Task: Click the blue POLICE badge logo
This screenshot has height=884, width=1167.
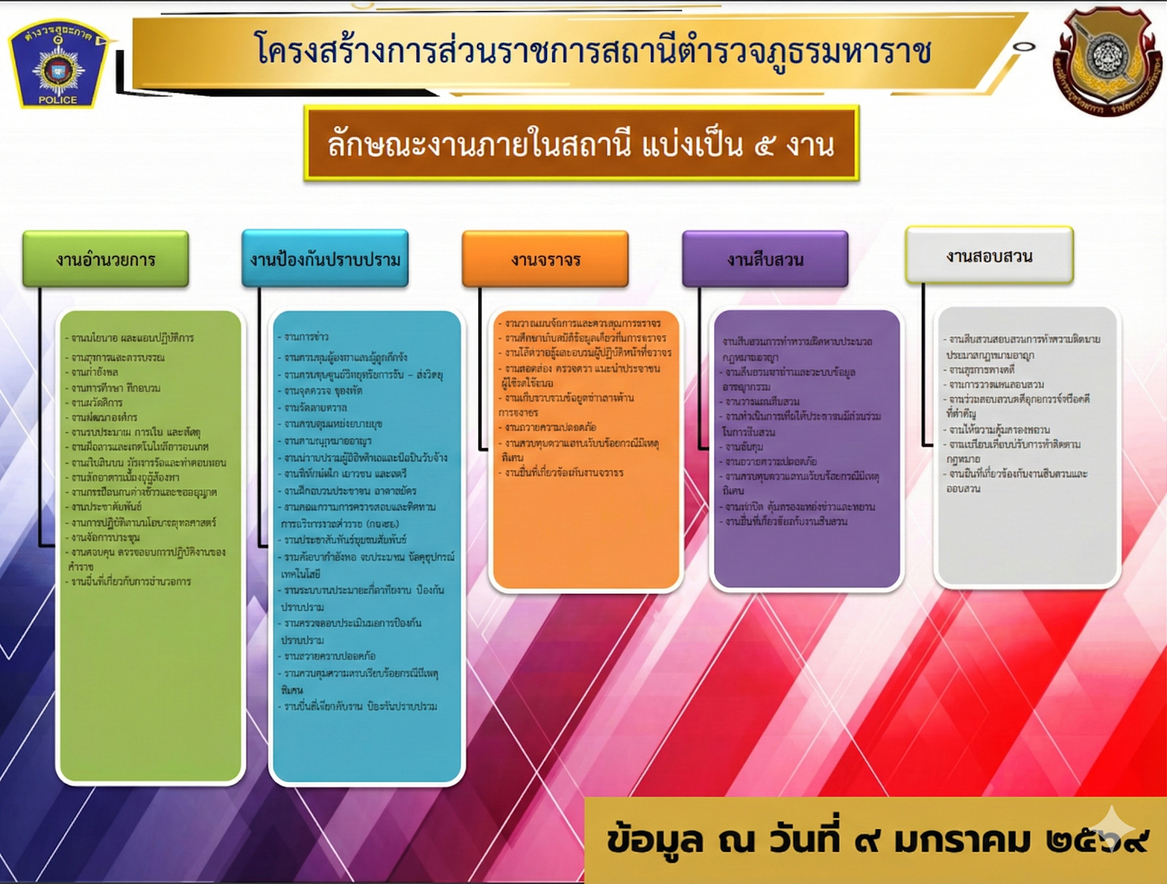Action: (58, 65)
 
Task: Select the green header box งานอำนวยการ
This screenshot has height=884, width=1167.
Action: (106, 259)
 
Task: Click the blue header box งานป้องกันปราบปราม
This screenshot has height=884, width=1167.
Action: (325, 259)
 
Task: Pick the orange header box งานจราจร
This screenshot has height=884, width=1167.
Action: (545, 260)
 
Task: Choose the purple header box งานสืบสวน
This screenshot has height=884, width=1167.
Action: (765, 259)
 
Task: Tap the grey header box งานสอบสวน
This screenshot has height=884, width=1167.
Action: (989, 255)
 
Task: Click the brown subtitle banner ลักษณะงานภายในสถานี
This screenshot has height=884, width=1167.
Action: (581, 144)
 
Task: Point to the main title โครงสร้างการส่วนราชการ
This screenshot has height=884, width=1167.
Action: (592, 51)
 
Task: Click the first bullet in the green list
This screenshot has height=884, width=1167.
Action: (132, 338)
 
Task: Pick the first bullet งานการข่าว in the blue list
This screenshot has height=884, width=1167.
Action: (306, 337)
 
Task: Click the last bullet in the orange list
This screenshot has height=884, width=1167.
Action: (564, 473)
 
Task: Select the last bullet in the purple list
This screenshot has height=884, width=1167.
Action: (786, 521)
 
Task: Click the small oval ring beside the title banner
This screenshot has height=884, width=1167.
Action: (1024, 47)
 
